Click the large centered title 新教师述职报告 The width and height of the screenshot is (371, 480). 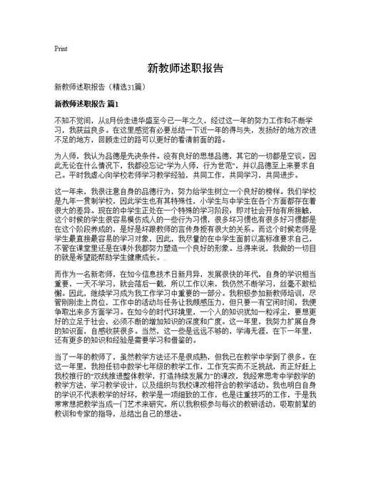tap(185, 69)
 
